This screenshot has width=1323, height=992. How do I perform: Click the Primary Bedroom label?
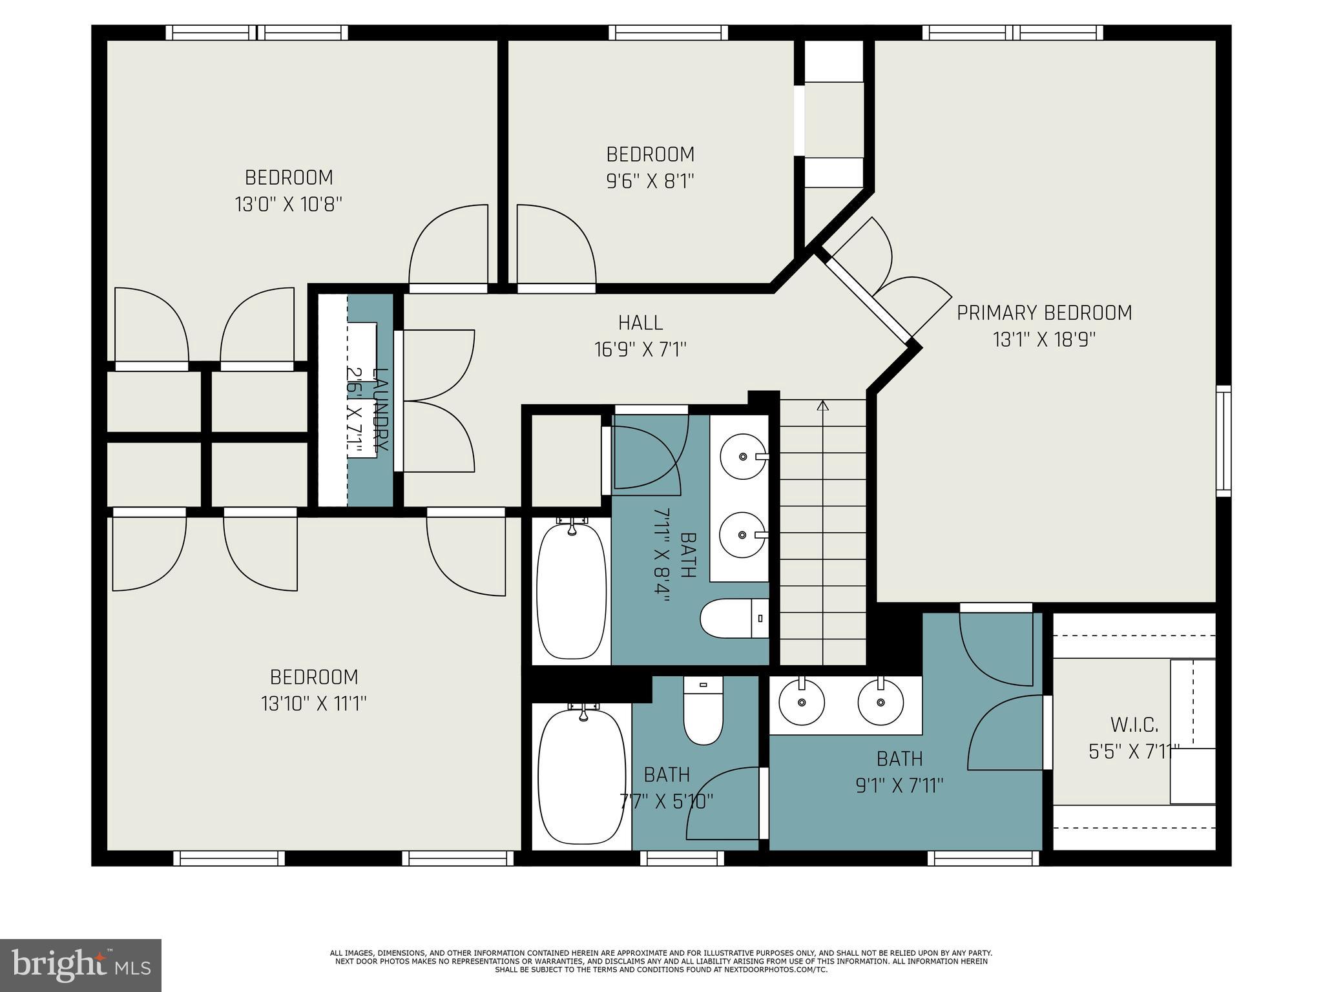[x=1044, y=313]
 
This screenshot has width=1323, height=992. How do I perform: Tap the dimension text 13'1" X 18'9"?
[x=1044, y=340]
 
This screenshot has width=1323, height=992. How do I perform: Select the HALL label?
[x=640, y=322]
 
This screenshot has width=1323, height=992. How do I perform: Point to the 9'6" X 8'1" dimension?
[x=650, y=181]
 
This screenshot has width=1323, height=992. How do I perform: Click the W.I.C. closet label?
[x=1135, y=725]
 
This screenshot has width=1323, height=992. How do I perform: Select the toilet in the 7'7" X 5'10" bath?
[x=703, y=710]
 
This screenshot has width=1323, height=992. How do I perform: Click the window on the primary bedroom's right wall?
[x=1224, y=440]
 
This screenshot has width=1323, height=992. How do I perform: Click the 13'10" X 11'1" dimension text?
[x=314, y=703]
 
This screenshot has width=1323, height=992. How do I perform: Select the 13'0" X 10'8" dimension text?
[x=288, y=205]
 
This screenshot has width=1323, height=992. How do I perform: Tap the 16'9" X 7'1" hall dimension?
[x=640, y=349]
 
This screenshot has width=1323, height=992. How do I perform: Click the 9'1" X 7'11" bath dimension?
[x=899, y=786]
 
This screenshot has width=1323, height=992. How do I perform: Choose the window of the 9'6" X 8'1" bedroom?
[x=668, y=32]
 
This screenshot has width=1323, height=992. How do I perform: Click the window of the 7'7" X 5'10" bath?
[x=683, y=858]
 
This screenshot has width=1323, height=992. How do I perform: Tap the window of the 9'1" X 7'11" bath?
[x=984, y=858]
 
